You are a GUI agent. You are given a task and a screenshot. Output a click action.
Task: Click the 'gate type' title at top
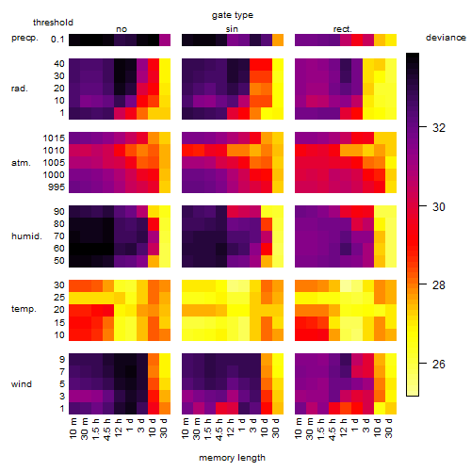(233, 15)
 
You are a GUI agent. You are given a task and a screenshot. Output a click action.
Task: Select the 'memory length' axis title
(232, 458)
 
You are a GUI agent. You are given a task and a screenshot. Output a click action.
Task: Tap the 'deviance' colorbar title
(446, 38)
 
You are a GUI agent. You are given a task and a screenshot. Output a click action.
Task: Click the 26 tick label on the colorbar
(439, 365)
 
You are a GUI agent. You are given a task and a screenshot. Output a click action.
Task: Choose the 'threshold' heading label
(53, 23)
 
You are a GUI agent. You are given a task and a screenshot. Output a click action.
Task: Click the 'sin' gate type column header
(232, 29)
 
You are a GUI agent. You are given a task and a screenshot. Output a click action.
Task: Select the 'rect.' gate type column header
(343, 29)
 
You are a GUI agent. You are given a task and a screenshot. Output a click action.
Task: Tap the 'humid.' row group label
(26, 236)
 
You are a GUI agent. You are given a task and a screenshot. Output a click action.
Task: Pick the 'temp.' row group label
(24, 309)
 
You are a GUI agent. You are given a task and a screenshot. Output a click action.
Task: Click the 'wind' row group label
(22, 384)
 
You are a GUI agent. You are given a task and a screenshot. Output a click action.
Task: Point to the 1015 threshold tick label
(54, 138)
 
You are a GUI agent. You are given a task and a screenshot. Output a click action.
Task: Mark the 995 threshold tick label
(57, 187)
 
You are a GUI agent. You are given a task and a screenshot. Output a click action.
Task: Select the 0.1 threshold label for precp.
(57, 40)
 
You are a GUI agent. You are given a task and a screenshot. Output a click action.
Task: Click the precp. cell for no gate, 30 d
(165, 41)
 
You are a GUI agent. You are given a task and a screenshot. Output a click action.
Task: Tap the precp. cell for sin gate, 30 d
(278, 41)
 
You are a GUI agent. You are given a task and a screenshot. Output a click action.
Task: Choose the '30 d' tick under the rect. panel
(389, 428)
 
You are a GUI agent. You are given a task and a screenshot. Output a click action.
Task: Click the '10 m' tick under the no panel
(73, 428)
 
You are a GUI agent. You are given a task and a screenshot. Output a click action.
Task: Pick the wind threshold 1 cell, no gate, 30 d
(165, 408)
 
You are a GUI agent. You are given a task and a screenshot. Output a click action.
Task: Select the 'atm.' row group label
(21, 163)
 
